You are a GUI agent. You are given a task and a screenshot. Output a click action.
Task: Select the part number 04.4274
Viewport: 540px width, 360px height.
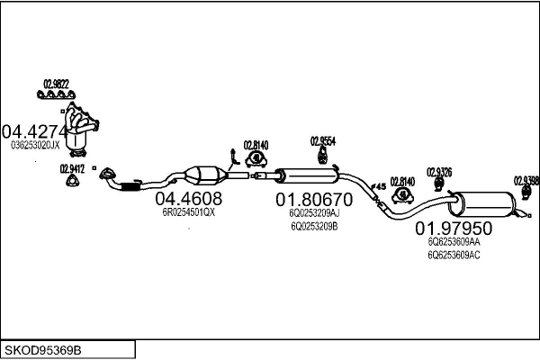click(x=36, y=130)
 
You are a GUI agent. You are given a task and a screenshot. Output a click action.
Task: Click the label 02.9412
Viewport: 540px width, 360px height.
click(x=72, y=168)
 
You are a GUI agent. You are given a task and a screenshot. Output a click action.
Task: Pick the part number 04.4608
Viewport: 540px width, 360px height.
click(x=188, y=198)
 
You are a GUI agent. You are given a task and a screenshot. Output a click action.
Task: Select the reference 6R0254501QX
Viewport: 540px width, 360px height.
click(x=188, y=212)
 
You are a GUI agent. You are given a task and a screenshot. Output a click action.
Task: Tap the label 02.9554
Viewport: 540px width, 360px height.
click(x=323, y=140)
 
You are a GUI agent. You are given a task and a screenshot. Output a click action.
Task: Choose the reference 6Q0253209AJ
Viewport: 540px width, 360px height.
click(x=314, y=213)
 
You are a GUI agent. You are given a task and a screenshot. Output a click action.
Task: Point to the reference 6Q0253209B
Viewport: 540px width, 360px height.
click(x=314, y=227)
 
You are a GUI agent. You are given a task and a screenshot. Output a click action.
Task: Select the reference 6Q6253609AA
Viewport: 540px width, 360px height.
click(x=454, y=242)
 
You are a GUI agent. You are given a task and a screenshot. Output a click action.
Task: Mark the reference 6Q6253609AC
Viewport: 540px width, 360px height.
click(x=454, y=256)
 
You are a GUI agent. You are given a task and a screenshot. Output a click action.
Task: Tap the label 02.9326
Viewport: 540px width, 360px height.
click(x=439, y=171)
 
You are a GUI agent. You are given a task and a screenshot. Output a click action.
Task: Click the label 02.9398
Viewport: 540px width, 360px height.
click(x=526, y=179)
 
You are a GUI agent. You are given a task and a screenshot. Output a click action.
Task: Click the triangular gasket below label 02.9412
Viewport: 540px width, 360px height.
click(x=72, y=184)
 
